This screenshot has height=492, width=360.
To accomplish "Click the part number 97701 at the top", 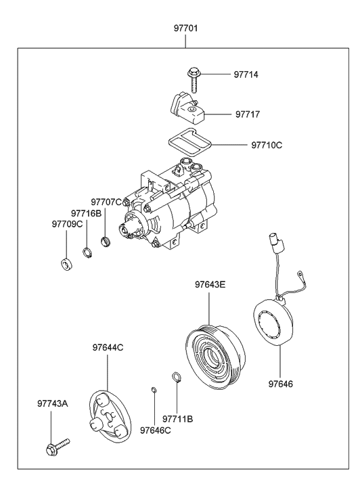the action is point(186,28).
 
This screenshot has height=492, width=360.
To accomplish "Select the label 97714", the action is point(246,74).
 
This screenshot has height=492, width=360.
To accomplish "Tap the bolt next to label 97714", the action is point(193,81).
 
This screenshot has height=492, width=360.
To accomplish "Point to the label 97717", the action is point(248,114).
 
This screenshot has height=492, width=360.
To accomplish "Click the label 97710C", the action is point(267,146).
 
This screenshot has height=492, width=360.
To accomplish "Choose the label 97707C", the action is point(106,202).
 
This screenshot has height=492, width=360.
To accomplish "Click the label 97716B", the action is point(86,214).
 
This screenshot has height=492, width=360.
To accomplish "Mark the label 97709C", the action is point(67,225).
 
